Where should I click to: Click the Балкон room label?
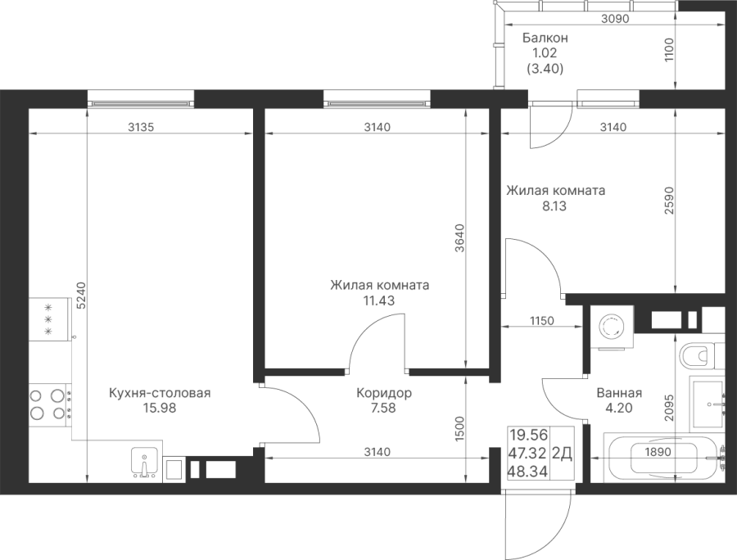(x=545, y=38)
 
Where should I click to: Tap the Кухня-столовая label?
(x=160, y=394)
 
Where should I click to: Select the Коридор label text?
(x=384, y=394)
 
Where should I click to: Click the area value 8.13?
(x=554, y=207)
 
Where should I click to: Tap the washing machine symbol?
(x=611, y=327)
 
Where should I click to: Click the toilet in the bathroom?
(x=698, y=356)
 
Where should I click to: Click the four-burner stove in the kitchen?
(x=48, y=403)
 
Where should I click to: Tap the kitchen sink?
(x=146, y=463)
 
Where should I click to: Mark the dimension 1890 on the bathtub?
(x=658, y=450)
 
